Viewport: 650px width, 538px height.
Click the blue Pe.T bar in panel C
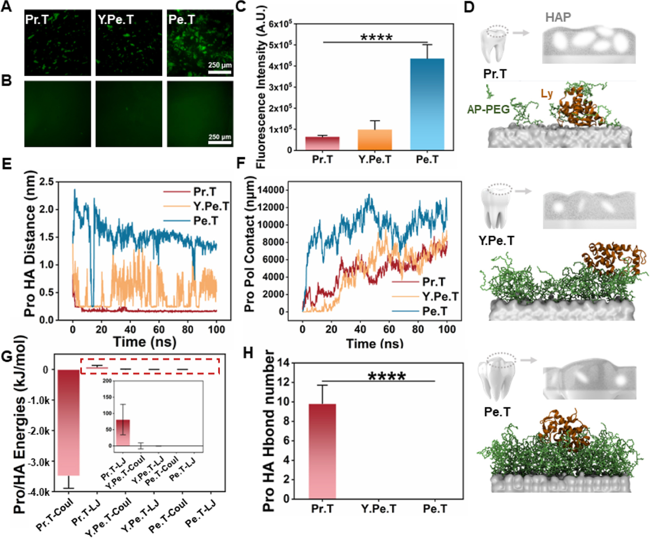coord(427,104)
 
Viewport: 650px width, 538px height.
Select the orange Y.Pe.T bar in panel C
coord(375,140)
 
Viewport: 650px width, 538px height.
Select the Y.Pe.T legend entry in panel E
coord(211,206)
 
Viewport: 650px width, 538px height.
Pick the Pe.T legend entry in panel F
coord(434,311)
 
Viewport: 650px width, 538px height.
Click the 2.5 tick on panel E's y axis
coord(46,182)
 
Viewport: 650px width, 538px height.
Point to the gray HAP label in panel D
coord(558,17)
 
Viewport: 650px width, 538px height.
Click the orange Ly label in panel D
coord(546,93)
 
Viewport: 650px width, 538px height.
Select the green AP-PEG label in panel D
coord(488,110)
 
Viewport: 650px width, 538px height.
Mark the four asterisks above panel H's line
coord(387,376)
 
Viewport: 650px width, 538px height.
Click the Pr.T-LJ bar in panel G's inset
coord(123,432)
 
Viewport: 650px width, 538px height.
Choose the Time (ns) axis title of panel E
coord(144,342)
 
